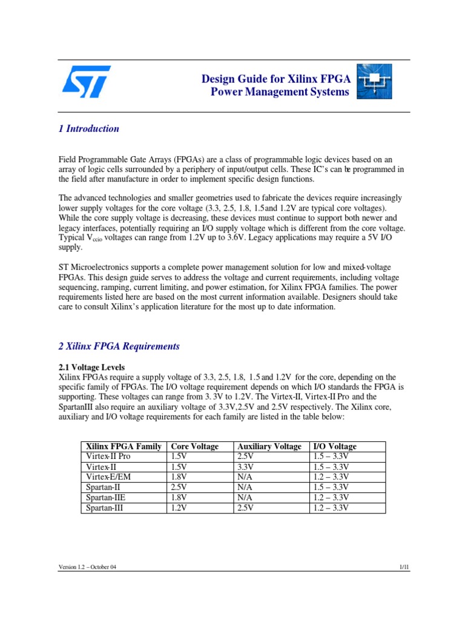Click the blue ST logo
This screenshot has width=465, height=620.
(x=86, y=82)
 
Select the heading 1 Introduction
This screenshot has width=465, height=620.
(x=89, y=129)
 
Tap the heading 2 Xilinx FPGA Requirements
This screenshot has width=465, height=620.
(x=119, y=346)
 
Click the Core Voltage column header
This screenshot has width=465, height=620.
(x=195, y=446)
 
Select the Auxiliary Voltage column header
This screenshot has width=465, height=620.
(x=269, y=446)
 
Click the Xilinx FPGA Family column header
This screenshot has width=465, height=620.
(x=123, y=446)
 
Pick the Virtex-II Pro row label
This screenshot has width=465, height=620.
(x=108, y=457)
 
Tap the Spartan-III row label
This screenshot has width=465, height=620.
(x=104, y=508)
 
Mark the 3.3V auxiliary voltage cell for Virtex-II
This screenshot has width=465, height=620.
(x=246, y=467)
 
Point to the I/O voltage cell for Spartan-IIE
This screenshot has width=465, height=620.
(x=331, y=498)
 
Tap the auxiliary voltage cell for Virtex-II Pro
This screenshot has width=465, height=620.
(x=246, y=457)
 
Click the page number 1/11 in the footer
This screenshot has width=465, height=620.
(x=405, y=567)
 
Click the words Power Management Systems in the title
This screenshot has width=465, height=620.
(x=280, y=92)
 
